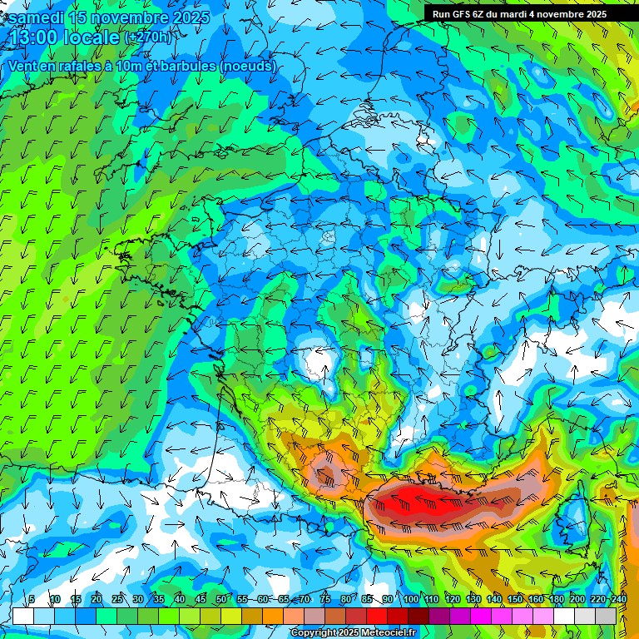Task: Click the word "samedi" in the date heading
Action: point(31,17)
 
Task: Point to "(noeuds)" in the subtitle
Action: point(249,66)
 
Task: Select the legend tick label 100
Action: point(411,599)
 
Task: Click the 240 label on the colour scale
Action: point(618,599)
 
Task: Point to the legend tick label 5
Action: point(32,599)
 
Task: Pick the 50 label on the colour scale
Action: point(220,599)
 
